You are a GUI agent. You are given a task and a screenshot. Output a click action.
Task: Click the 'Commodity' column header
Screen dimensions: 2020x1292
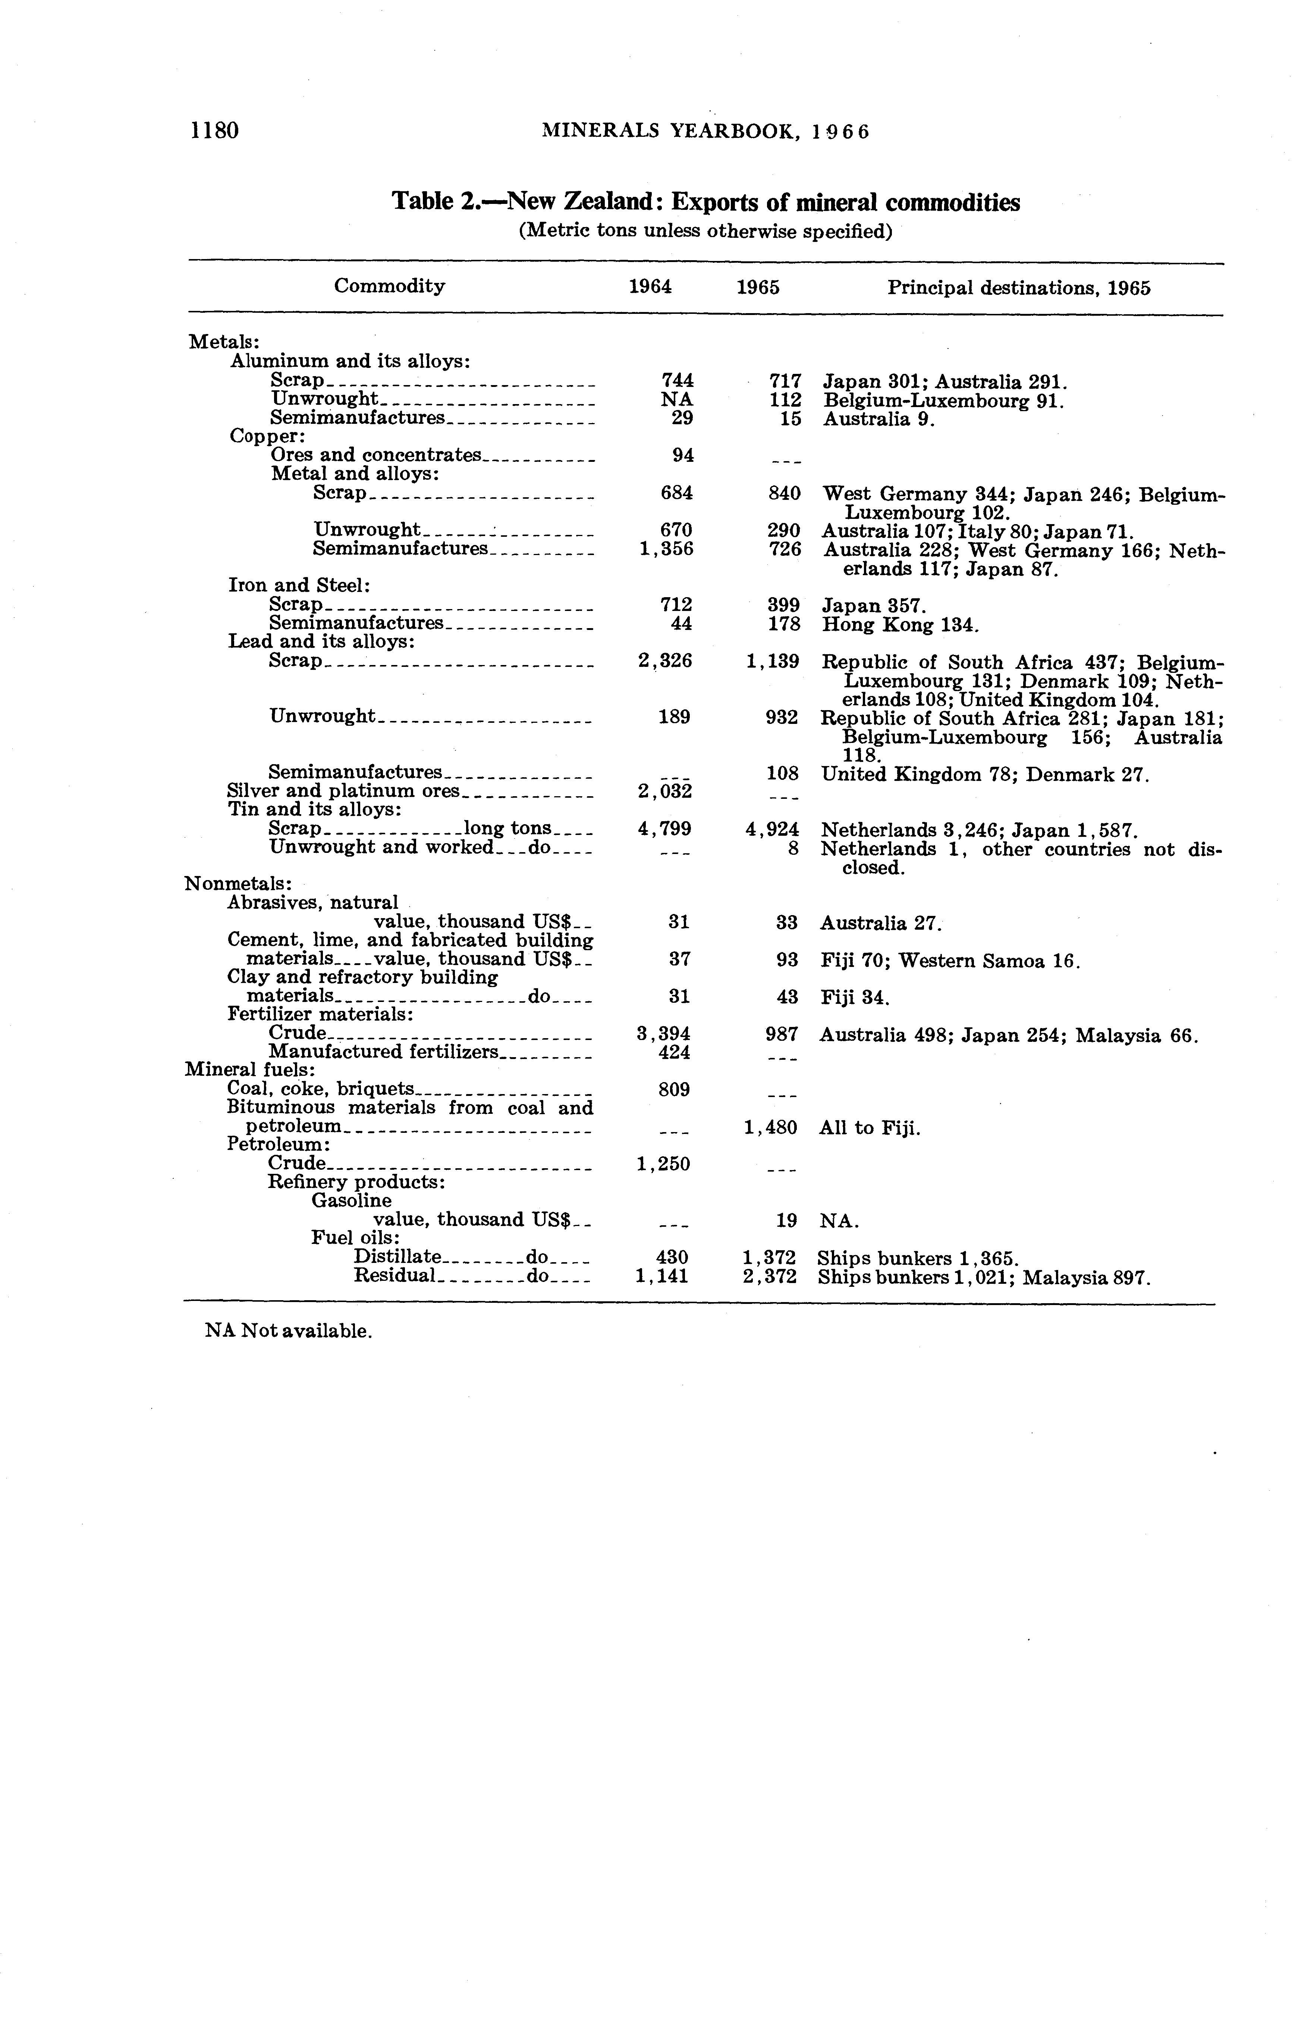[389, 286]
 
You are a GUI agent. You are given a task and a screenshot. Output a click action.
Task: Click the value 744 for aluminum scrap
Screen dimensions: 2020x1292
[677, 380]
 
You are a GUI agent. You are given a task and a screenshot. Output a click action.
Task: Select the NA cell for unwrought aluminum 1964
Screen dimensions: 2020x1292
[677, 399]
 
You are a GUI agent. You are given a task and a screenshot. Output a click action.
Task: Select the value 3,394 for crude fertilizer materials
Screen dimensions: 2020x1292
[664, 1034]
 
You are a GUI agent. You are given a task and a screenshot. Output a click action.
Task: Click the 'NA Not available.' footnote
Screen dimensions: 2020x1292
[288, 1331]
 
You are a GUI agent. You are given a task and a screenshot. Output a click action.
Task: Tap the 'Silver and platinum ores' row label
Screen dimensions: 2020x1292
[344, 791]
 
